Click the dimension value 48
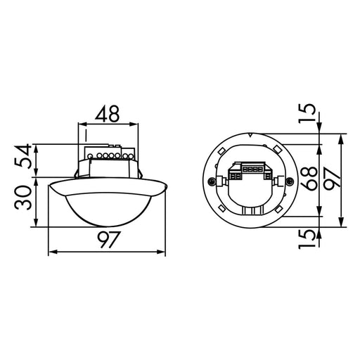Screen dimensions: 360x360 tap(107, 114)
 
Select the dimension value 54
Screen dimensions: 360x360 tap(22, 156)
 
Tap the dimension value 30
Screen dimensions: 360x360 tap(22, 198)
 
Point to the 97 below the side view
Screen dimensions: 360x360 tap(109, 240)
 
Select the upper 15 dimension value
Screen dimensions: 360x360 tap(307, 113)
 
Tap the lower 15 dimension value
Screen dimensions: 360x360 tap(307, 239)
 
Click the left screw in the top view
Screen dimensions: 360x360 tap(211, 181)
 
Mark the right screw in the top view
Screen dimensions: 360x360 tap(290, 181)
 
